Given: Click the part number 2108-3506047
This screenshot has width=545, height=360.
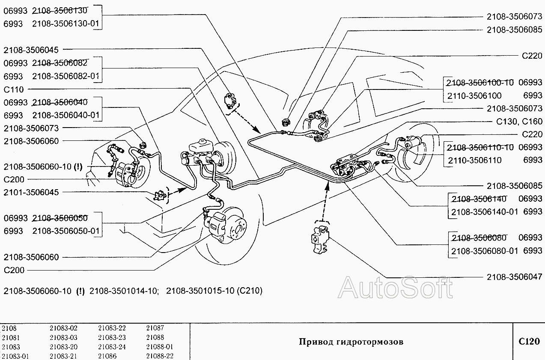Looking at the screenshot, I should pyautogui.click(x=514, y=277).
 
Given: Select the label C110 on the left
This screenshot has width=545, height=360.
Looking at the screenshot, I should pyautogui.click(x=14, y=89).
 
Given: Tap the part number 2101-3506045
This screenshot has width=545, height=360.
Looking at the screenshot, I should pyautogui.click(x=31, y=192).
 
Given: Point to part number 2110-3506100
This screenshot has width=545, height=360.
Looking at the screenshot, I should pyautogui.click(x=474, y=95).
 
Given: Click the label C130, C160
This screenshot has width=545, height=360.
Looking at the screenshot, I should pyautogui.click(x=519, y=122).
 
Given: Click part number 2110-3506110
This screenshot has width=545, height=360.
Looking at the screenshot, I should pyautogui.click(x=474, y=160).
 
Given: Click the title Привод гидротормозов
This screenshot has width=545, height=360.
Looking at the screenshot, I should pyautogui.click(x=351, y=342).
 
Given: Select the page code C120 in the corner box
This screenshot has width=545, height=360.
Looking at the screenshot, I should pyautogui.click(x=529, y=342).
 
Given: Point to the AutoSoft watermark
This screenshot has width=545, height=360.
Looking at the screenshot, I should pyautogui.click(x=395, y=287).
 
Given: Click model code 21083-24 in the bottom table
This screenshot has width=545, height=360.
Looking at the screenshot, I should pyautogui.click(x=112, y=347).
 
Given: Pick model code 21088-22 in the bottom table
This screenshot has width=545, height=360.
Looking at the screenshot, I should pyautogui.click(x=160, y=356).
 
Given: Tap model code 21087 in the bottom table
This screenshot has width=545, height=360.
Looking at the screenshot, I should pyautogui.click(x=155, y=328).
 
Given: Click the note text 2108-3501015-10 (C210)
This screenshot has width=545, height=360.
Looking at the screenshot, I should pyautogui.click(x=214, y=291).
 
